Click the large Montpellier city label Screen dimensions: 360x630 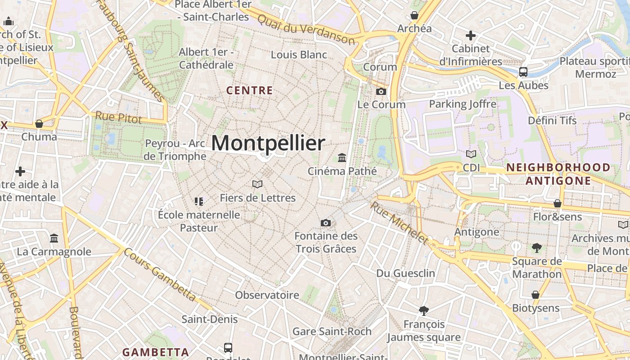pos(268,143)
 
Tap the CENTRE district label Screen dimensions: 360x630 pos(250,90)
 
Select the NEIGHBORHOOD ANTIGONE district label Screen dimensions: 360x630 pos(558,174)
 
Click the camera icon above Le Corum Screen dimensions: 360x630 pos(381,92)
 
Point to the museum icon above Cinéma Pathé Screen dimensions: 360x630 pos(342,158)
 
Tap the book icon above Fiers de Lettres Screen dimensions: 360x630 pos(257,184)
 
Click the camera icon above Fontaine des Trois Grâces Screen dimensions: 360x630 pos(326,223)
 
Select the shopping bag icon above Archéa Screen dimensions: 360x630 pos(414,16)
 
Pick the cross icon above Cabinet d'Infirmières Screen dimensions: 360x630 pos(471,35)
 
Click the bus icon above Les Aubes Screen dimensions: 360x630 pos(523,72)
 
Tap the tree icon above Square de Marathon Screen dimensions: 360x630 pos(536,247)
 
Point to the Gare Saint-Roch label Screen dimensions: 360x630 pos(332,332)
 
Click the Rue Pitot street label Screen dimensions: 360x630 pos(118,118)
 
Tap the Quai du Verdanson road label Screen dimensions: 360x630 pos(306,28)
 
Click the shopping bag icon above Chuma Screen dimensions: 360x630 pos(39,124)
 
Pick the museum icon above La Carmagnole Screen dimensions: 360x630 pos(54,238)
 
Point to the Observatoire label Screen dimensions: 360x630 pos(267,295)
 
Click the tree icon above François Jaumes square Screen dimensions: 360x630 pos(423,310)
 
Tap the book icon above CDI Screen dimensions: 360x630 pos(471,154)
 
